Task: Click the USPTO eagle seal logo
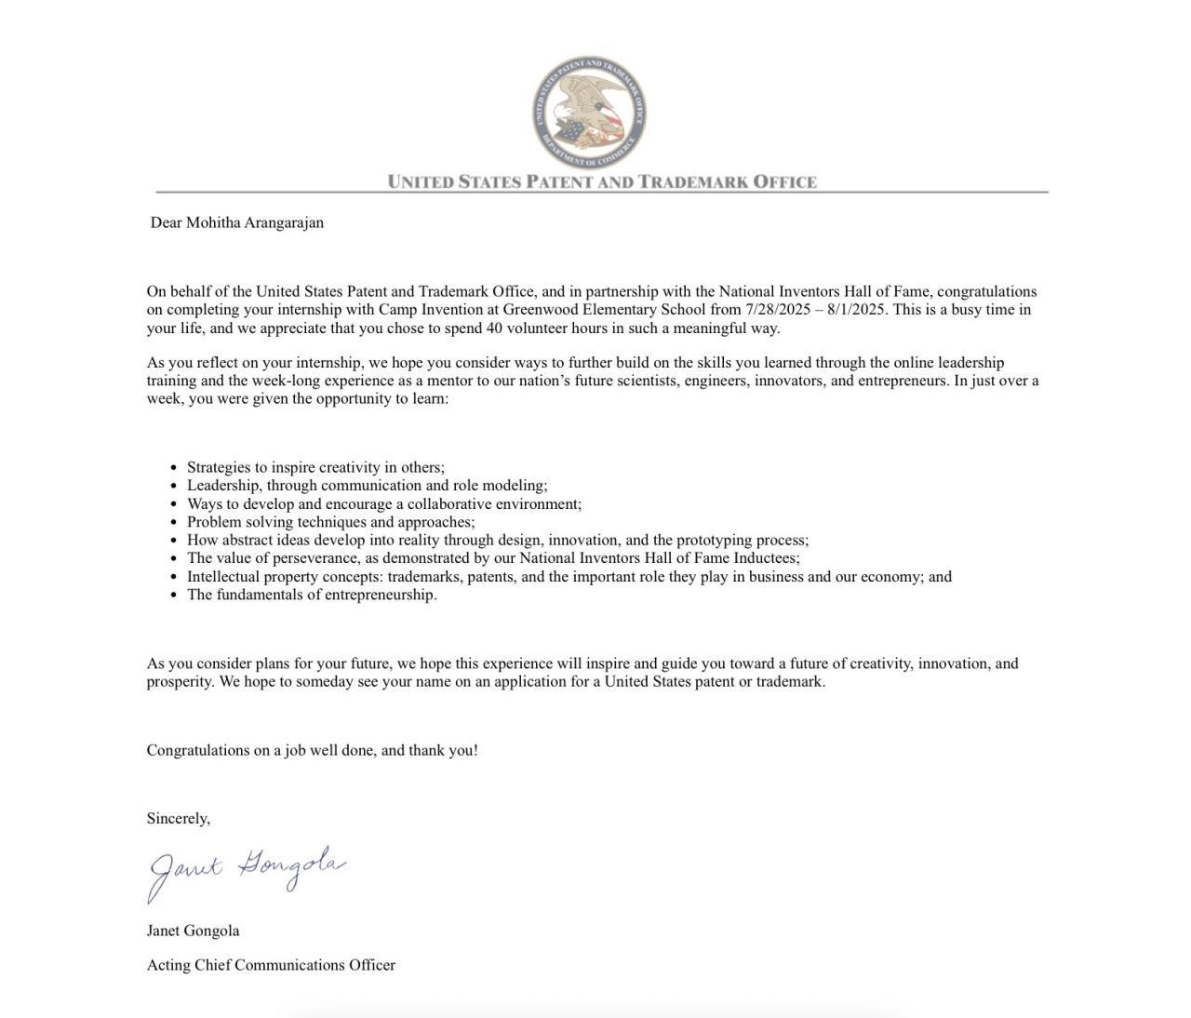pos(589,112)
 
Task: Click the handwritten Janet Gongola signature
pos(247,871)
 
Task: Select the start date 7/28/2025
pos(778,310)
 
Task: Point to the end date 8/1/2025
pos(856,310)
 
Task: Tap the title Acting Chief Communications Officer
pos(271,965)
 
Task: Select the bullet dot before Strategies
pos(173,468)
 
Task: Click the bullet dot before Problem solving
pos(173,523)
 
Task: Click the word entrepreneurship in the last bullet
pos(380,595)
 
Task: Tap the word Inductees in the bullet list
pos(766,558)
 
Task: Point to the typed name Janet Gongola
pos(193,931)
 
